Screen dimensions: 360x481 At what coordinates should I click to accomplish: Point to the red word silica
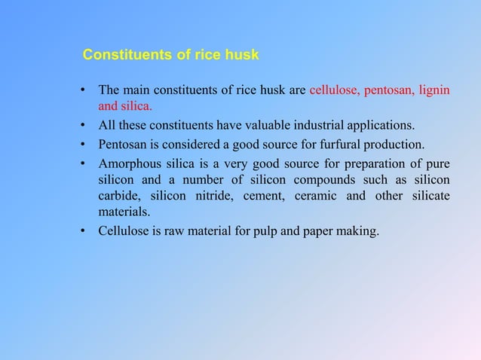coord(137,107)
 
